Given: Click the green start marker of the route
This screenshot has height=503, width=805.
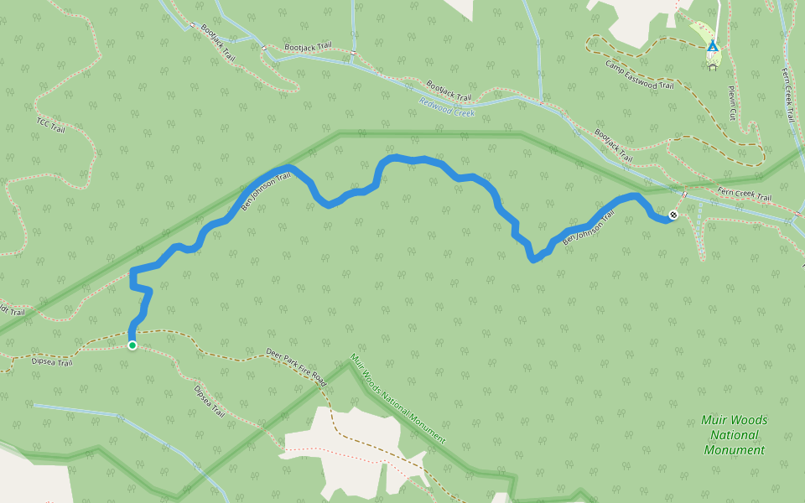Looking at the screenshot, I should coord(132,345).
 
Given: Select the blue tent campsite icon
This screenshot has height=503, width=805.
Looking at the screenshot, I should coord(712,46).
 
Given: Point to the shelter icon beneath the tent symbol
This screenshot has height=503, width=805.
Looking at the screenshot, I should coord(713,66).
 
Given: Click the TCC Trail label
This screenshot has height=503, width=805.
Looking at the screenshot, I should coord(50,124).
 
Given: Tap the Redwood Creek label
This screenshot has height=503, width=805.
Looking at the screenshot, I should coord(447,106).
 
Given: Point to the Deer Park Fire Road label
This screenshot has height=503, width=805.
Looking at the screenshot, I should coord(295,366).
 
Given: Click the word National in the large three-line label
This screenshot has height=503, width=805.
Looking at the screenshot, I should coord(735,435).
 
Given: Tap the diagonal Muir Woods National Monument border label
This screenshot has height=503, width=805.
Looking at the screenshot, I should coord(397,398).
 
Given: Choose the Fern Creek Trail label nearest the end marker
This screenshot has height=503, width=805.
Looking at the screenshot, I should coord(744,195).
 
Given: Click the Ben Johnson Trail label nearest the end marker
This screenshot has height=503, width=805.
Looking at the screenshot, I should coord(588,228).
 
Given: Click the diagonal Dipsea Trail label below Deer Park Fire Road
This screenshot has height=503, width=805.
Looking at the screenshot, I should coord(210,402).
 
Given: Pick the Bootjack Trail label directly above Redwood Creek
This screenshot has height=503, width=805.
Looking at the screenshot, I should coord(449,91).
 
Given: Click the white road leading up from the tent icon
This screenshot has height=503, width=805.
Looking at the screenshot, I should coord(718,17).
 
